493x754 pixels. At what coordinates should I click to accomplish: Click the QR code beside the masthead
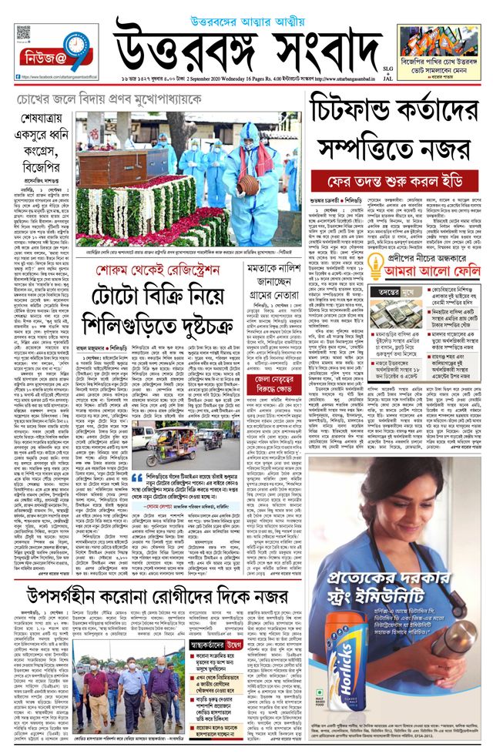[23, 35]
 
